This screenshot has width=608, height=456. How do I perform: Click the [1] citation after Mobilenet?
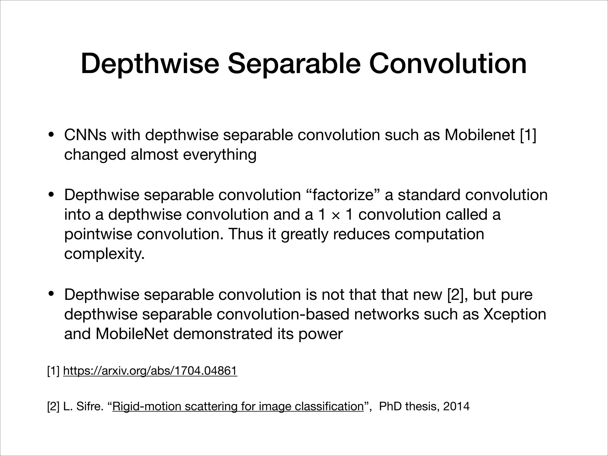[528, 135]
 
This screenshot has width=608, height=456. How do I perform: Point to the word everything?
[219, 155]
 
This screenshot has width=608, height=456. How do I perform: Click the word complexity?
[104, 254]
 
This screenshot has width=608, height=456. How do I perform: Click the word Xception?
[514, 314]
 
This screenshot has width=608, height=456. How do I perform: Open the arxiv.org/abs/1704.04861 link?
[150, 371]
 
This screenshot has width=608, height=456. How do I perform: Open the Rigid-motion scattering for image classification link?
[238, 406]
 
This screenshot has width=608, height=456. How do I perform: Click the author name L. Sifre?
[83, 406]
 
